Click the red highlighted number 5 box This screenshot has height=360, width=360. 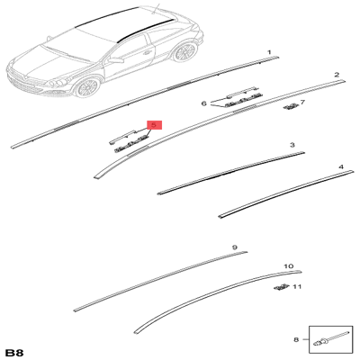coord(154,125)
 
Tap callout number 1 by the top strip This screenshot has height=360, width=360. coord(269,52)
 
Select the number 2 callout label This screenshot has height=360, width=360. coord(337,75)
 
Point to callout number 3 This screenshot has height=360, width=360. coord(292,145)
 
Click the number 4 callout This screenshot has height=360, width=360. coord(341,166)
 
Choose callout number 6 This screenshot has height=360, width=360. coord(204,103)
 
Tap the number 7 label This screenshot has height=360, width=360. coord(302,103)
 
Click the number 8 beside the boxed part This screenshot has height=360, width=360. coord(296,339)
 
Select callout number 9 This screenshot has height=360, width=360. coord(235,247)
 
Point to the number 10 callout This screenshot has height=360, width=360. coord(289,266)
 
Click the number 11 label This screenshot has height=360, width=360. coord(297,287)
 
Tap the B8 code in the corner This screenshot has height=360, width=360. coord(14,353)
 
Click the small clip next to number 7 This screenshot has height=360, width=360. coord(291,106)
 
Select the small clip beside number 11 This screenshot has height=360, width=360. coord(282,287)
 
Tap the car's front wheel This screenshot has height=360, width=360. coord(87,87)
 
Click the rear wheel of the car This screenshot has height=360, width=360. coord(184,52)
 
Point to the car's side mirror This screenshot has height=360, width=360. coord(116,60)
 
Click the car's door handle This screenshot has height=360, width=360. coord(147,52)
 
